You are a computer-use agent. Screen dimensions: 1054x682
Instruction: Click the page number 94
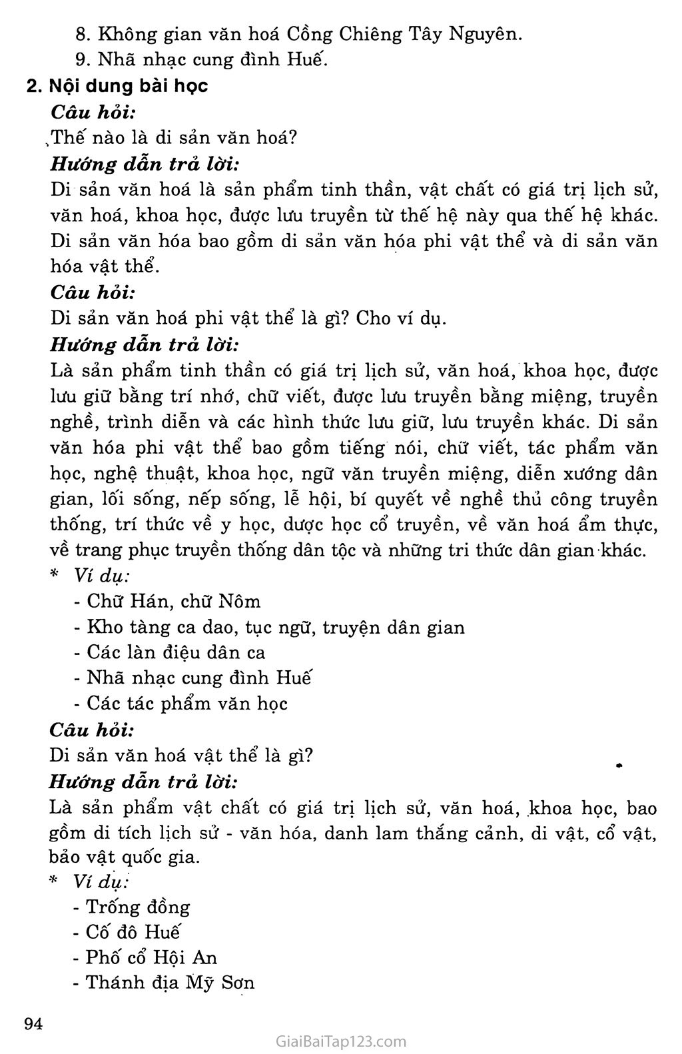tap(34, 1024)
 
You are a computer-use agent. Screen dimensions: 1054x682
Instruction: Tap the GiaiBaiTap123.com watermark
tap(340, 1041)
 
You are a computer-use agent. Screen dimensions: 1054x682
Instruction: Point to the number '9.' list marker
tap(83, 59)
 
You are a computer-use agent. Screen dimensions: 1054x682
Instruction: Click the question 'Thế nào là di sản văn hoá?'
tap(173, 137)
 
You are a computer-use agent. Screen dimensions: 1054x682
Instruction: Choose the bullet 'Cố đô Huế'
tap(134, 932)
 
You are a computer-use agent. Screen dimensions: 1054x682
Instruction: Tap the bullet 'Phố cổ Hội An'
tap(151, 957)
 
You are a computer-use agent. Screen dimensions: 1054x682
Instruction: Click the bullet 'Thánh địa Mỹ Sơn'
tap(170, 983)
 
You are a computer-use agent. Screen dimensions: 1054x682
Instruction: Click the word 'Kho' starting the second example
tap(101, 627)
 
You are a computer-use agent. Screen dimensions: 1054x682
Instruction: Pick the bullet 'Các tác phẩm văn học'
tap(187, 704)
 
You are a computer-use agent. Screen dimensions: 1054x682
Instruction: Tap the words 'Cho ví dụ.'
tap(401, 318)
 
